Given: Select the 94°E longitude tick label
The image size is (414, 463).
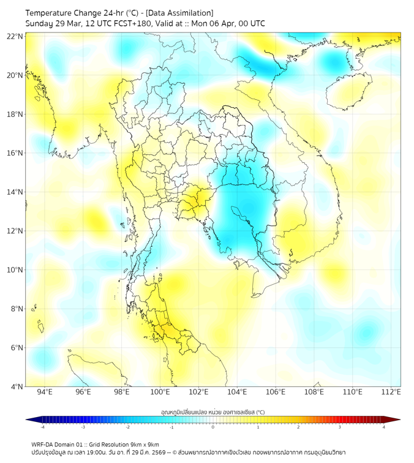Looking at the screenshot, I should (45, 392).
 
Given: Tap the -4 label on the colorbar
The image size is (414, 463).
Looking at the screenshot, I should (42, 427).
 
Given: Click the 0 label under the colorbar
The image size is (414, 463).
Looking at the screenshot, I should (213, 427).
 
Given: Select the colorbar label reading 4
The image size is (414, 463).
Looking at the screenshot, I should (384, 427).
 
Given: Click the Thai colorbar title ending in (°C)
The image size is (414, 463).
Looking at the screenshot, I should (213, 412).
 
